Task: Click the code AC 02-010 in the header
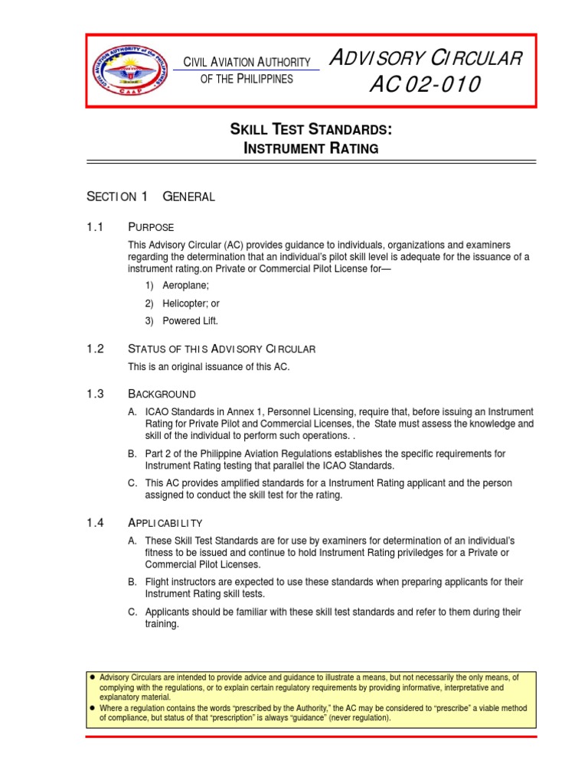coord(424,85)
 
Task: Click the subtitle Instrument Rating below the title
coord(310,148)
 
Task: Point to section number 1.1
coord(96,227)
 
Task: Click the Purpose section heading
coord(151,227)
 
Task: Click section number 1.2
coord(96,349)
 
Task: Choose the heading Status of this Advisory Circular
coord(221,349)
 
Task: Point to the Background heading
coord(162,394)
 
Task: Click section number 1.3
coord(96,394)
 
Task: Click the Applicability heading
coord(165,523)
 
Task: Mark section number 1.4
coord(96,523)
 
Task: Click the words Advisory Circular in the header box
coord(425,58)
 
